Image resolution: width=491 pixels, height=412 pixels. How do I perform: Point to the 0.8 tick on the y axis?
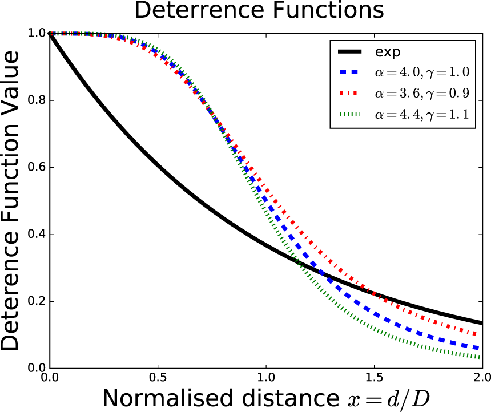tap(37, 100)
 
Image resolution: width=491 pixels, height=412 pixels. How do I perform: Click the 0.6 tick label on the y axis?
tap(37, 168)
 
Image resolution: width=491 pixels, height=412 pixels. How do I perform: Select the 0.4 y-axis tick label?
tap(37, 235)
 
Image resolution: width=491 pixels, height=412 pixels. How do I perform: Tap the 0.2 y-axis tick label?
tap(37, 302)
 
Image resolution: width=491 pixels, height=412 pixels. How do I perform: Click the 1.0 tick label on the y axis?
tap(37, 34)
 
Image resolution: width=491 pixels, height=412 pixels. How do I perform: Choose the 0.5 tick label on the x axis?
tap(158, 378)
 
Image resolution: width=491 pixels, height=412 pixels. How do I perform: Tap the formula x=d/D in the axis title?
tap(377, 398)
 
